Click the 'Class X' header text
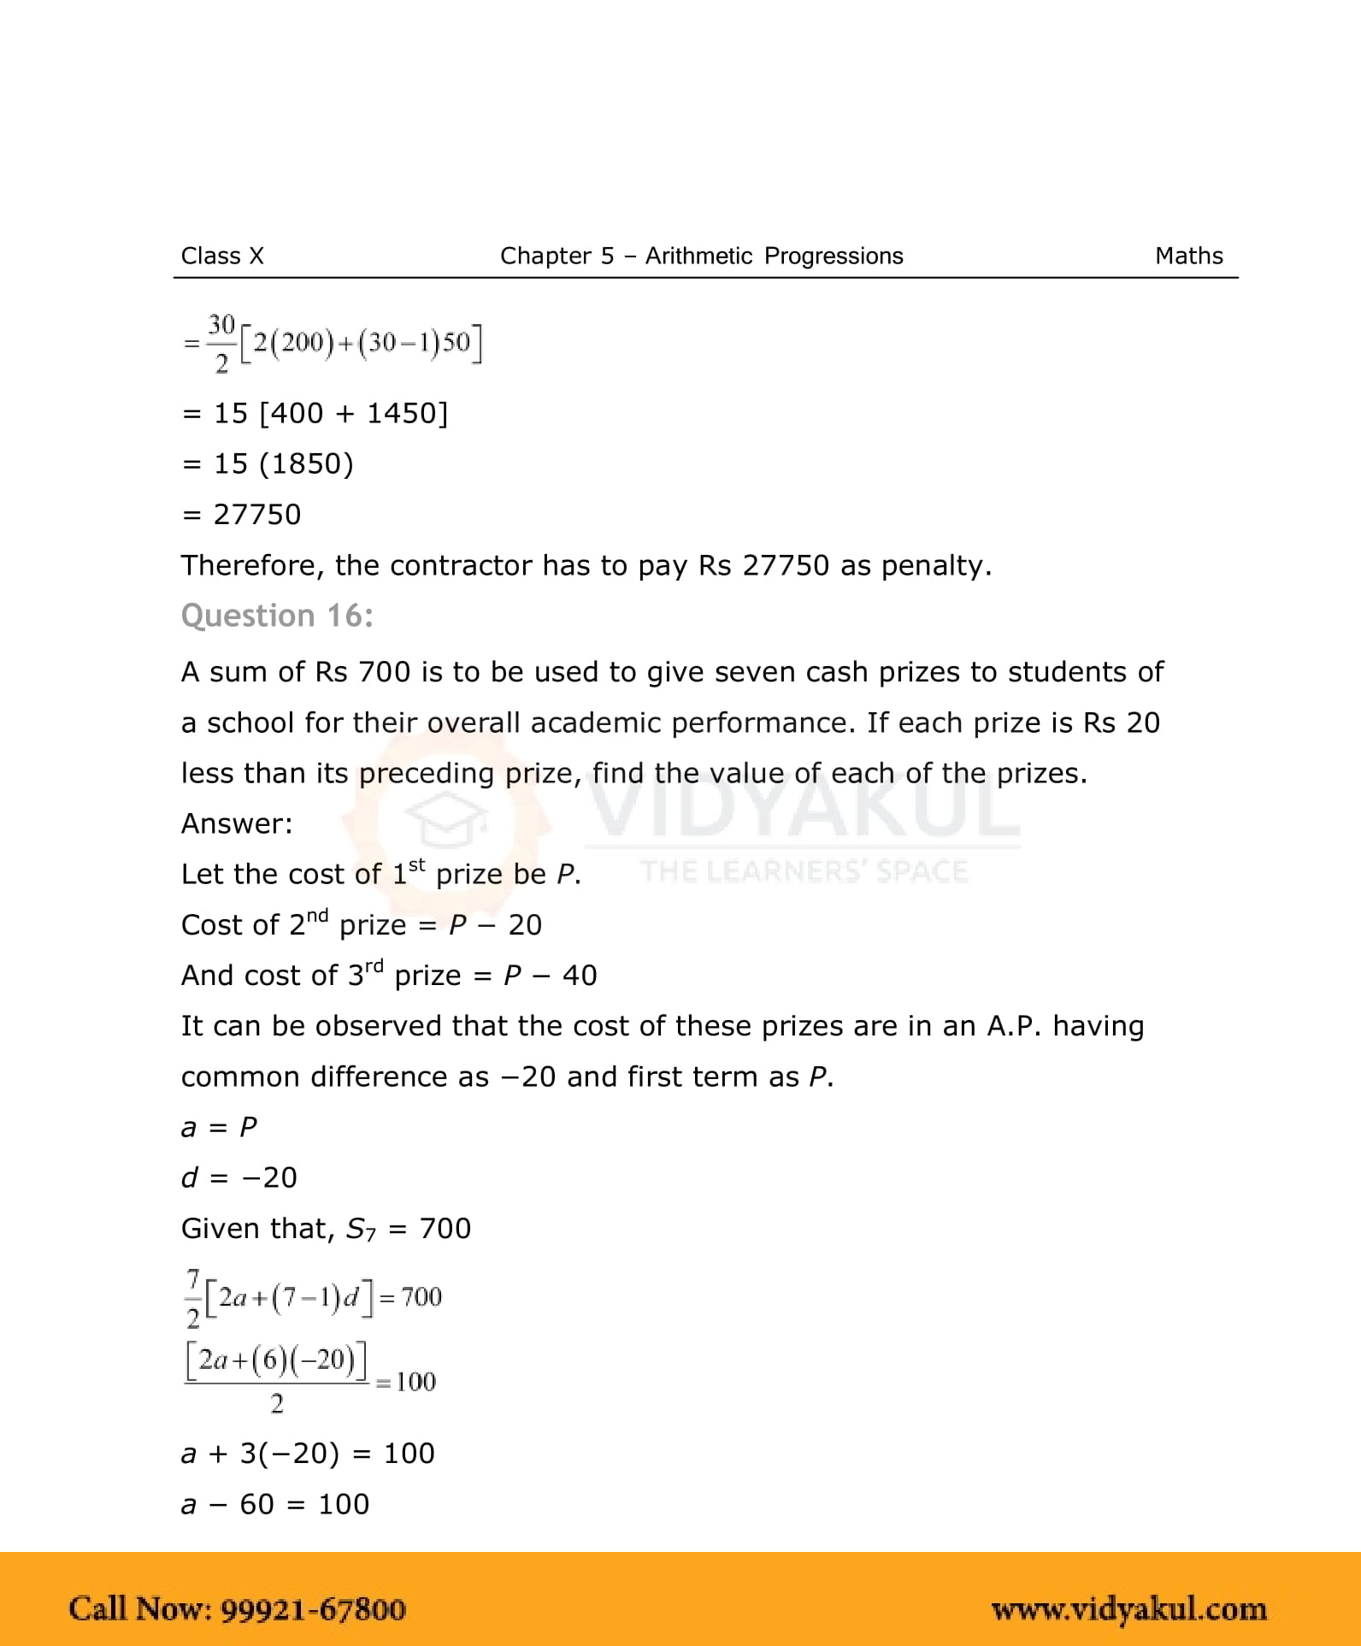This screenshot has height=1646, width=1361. click(x=222, y=256)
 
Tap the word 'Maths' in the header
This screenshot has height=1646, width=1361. click(x=1188, y=256)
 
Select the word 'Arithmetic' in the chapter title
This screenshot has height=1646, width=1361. click(x=698, y=256)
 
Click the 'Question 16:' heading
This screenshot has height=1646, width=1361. click(x=277, y=616)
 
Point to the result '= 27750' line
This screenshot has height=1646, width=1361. click(x=242, y=515)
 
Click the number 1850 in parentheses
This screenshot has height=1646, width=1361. click(x=306, y=464)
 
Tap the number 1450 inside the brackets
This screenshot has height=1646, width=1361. click(x=402, y=414)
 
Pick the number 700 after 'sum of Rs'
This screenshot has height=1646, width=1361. click(x=385, y=672)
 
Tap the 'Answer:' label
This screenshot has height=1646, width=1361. click(x=237, y=823)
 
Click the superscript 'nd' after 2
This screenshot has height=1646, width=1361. click(x=317, y=917)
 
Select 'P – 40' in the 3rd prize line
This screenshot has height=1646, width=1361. click(x=550, y=976)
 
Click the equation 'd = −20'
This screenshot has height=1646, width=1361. click(x=239, y=1177)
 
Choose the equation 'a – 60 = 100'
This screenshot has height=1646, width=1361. click(x=275, y=1504)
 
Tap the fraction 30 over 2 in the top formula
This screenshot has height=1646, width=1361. click(x=221, y=344)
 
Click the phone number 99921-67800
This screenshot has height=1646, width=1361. click(x=313, y=1609)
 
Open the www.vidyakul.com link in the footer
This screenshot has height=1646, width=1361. click(x=1128, y=1609)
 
